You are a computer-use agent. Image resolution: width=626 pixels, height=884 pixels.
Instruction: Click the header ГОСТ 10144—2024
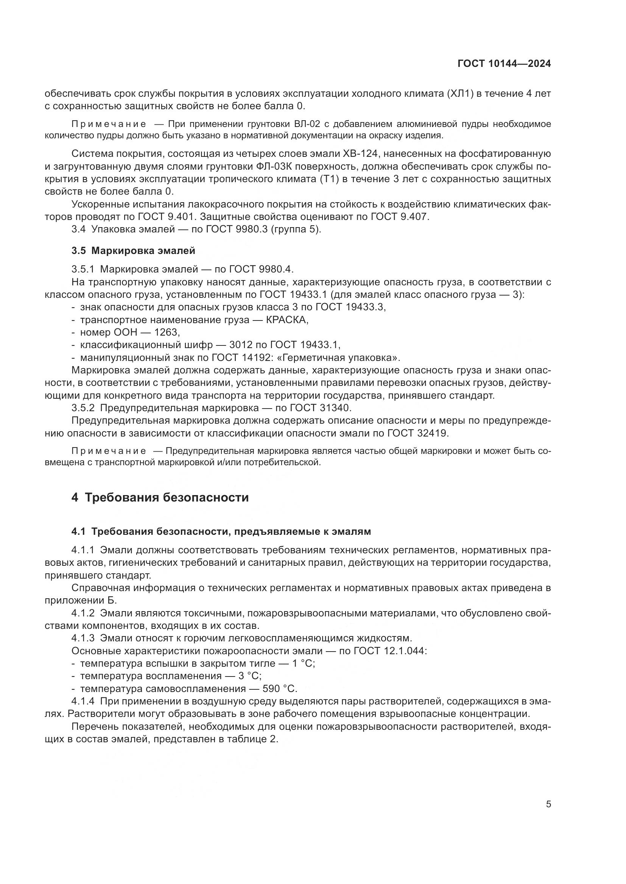(504, 64)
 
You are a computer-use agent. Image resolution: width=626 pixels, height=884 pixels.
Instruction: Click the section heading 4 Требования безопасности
(160, 497)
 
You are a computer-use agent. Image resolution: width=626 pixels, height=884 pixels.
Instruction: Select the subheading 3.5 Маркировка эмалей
(133, 251)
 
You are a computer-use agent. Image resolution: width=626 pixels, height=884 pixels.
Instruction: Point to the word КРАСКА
(287, 320)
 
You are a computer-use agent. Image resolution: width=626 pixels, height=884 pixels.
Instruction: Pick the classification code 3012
(241, 345)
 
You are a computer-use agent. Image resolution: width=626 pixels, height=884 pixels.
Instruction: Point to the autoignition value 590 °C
(279, 689)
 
